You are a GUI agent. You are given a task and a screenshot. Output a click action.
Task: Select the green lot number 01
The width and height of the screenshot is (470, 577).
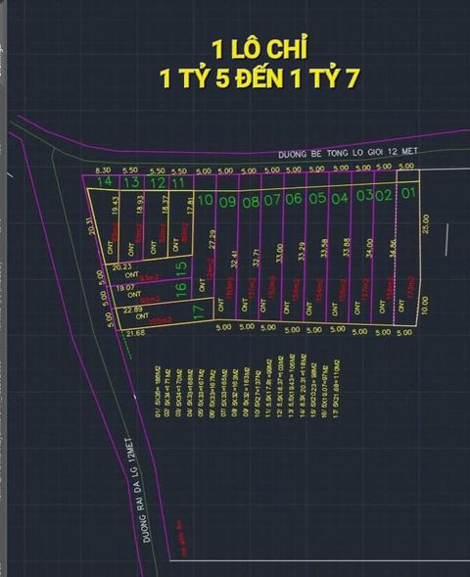point(408,193)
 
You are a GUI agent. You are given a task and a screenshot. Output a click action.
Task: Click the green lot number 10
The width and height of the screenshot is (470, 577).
point(206,202)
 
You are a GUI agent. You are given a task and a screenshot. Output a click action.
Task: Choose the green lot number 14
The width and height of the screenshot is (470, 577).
point(105,182)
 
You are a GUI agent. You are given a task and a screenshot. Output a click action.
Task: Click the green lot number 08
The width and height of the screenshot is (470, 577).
point(250,202)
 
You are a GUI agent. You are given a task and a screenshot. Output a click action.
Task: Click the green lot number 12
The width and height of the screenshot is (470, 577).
point(157,182)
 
